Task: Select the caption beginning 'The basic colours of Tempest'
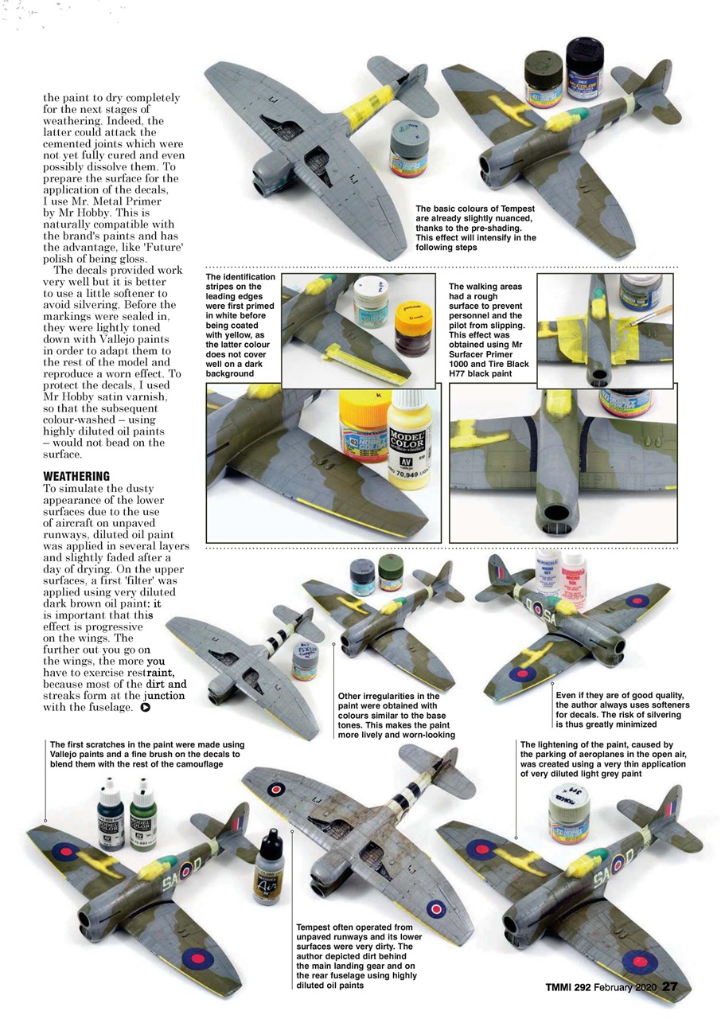point(476,228)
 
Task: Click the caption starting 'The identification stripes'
point(241,324)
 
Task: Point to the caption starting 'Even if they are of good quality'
point(622,709)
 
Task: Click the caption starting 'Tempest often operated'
point(354,955)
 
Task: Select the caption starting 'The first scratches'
point(144,753)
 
